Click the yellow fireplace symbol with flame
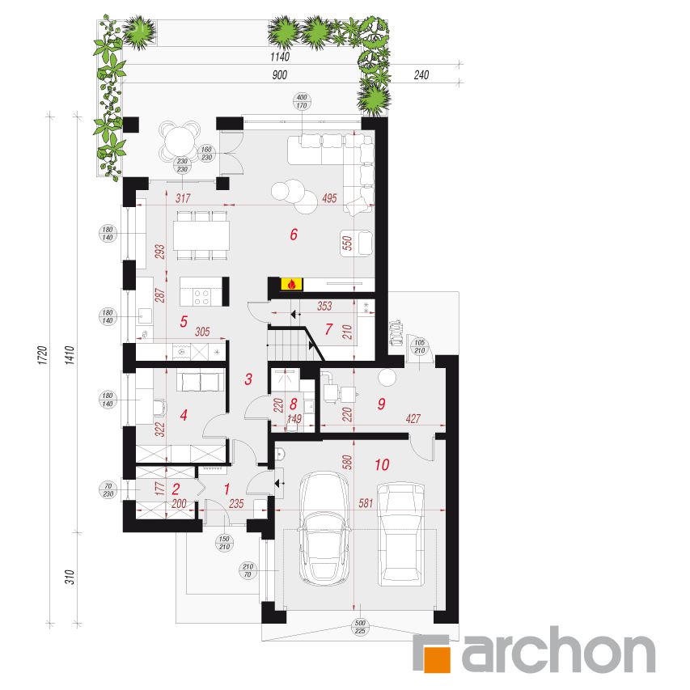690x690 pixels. (291, 284)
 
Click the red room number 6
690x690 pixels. (294, 234)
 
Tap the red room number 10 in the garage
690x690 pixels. (382, 464)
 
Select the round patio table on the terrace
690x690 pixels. (180, 139)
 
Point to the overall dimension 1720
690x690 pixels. (42, 355)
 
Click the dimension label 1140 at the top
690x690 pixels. (280, 57)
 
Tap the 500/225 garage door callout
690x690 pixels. (360, 627)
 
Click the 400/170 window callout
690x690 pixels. (302, 101)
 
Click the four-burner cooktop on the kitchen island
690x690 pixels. (202, 297)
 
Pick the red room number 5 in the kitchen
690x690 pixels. (184, 322)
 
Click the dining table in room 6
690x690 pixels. (201, 235)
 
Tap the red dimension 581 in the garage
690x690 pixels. (366, 502)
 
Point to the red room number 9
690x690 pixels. (381, 404)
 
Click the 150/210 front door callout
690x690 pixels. (224, 543)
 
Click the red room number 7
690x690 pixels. (328, 328)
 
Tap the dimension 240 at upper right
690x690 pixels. (421, 74)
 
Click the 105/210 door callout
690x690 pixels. (419, 346)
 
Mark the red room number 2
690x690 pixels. (176, 489)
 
